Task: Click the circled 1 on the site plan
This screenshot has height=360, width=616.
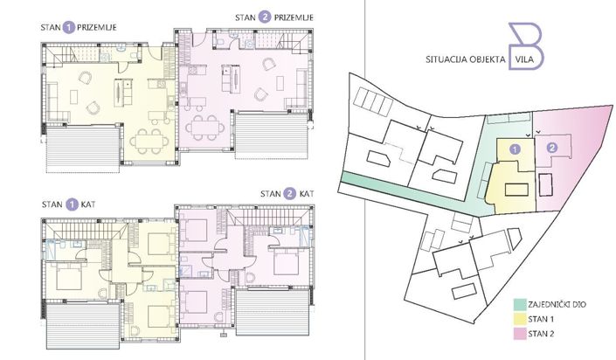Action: (x=516, y=149)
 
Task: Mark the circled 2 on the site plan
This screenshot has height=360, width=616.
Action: (x=551, y=149)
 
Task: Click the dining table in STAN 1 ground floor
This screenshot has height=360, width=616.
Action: (x=146, y=139)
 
